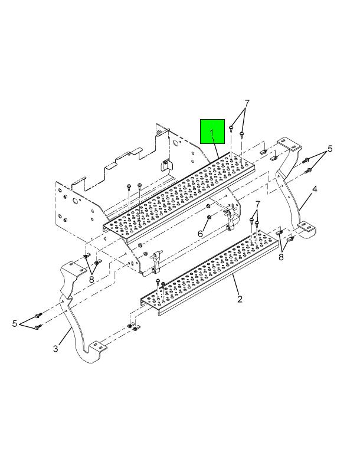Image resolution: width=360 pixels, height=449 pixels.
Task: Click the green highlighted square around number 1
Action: [x=212, y=132]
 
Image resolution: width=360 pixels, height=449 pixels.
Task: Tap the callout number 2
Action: [x=240, y=299]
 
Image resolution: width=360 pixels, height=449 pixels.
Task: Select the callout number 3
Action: [x=55, y=349]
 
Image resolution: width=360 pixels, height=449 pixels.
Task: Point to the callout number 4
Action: [x=315, y=189]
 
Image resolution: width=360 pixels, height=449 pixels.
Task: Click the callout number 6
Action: [x=200, y=234]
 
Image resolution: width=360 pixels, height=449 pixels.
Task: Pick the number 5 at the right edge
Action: [x=330, y=149]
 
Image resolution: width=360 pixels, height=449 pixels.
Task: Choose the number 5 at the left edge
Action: [x=15, y=323]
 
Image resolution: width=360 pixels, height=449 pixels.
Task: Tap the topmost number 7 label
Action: [x=247, y=103]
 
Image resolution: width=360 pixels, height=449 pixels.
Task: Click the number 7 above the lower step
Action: [x=258, y=204]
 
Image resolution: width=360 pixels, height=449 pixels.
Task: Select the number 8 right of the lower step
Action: [x=281, y=257]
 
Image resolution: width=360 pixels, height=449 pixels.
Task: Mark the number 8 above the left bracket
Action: [x=91, y=279]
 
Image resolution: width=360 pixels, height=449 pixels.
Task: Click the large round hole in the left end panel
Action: [x=76, y=201]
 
